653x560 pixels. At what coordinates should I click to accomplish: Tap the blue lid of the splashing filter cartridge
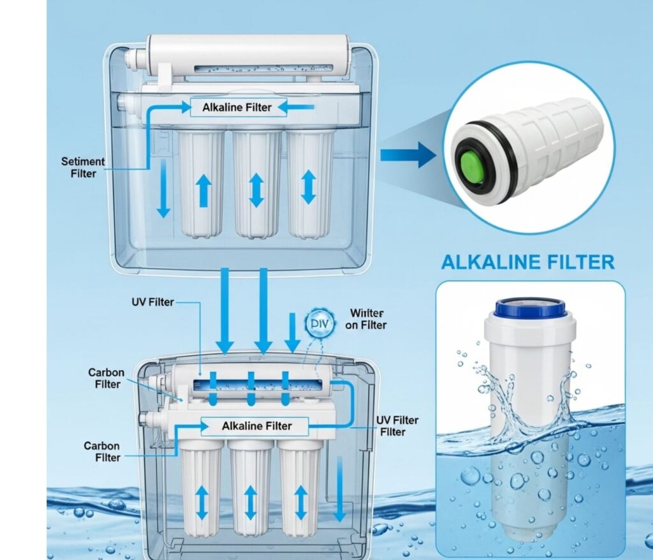[530, 308]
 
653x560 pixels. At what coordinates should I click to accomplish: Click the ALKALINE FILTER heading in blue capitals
[527, 262]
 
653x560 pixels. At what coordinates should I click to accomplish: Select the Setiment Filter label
[83, 168]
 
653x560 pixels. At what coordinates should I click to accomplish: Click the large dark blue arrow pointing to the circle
[407, 155]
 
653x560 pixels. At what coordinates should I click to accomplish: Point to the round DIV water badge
[320, 323]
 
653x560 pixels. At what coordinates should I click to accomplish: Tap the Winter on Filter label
[366, 319]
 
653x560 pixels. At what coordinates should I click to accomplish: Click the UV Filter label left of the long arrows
[152, 302]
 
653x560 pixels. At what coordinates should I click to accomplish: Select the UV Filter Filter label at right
[397, 426]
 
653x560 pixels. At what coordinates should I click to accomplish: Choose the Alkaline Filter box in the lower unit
[255, 426]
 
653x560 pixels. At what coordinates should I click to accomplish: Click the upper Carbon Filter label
[106, 378]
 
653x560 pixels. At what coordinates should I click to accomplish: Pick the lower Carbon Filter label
[103, 452]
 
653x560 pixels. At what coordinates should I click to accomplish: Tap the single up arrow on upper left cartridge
[203, 191]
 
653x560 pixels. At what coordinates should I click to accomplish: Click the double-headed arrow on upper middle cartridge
[256, 191]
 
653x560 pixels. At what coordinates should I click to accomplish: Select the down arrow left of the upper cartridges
[163, 188]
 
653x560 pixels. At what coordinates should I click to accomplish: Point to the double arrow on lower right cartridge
[301, 503]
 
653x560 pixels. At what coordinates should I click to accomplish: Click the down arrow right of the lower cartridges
[340, 489]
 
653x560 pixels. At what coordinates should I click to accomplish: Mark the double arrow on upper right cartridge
[308, 187]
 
